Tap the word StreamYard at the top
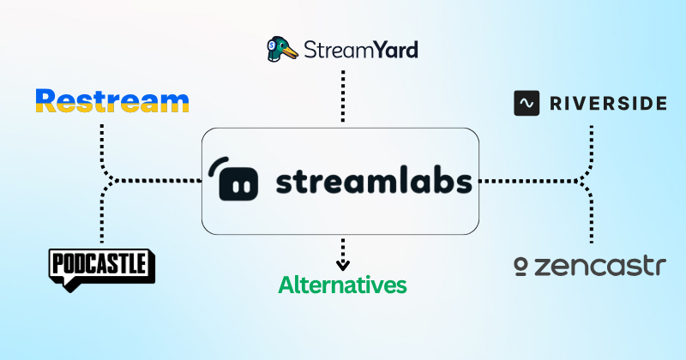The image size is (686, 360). click(x=361, y=50)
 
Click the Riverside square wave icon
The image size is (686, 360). click(x=527, y=103)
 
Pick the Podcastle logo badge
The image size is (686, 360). click(x=102, y=267)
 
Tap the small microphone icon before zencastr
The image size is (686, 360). click(x=521, y=268)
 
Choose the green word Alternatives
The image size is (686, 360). click(x=342, y=285)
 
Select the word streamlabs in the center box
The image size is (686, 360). click(x=374, y=182)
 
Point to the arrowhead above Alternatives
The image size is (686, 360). click(x=342, y=265)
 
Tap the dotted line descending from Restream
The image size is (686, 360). click(x=102, y=141)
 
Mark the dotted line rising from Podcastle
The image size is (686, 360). click(x=102, y=219)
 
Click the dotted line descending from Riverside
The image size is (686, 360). click(x=591, y=141)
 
